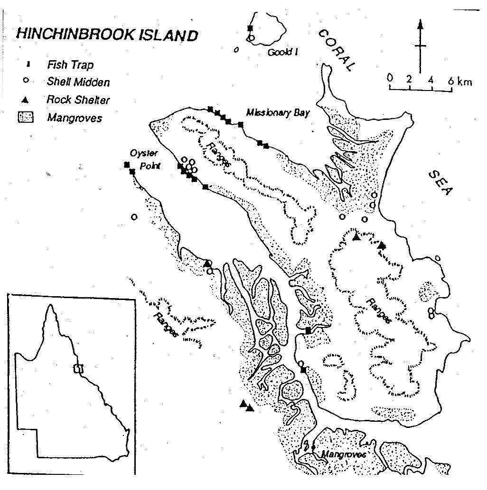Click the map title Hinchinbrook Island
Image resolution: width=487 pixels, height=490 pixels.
[107, 35]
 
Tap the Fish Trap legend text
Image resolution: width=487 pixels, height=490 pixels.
[70, 64]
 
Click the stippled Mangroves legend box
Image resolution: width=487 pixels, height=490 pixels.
[28, 118]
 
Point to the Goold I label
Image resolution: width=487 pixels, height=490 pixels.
[282, 52]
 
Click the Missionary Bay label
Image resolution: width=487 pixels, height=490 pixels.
[278, 113]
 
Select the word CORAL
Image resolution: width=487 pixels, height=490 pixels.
[337, 50]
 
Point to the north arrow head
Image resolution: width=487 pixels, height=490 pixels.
[420, 24]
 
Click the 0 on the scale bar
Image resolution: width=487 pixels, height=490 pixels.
[390, 78]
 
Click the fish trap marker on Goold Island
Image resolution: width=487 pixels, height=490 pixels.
[250, 28]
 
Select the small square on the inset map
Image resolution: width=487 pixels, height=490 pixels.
[79, 369]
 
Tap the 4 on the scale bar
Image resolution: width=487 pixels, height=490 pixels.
[431, 79]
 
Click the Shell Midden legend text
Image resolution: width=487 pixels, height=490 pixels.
[78, 82]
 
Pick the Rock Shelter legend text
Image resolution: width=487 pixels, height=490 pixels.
[78, 100]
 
